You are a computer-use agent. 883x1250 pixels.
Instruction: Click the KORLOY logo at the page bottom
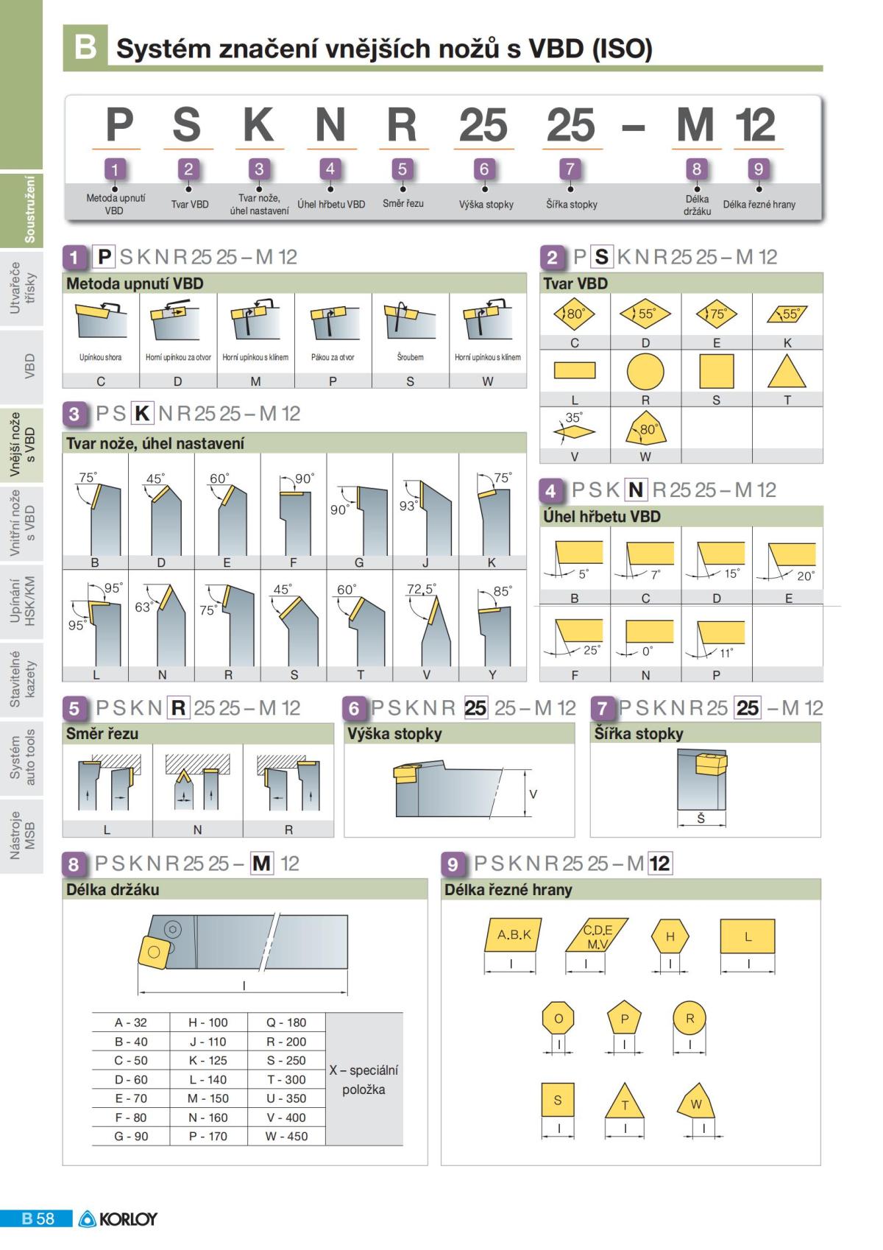click(x=118, y=1219)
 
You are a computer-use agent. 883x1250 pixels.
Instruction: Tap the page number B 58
click(x=38, y=1219)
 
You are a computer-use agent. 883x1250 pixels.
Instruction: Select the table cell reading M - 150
click(x=208, y=1098)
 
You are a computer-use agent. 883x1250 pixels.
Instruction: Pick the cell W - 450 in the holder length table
click(x=286, y=1136)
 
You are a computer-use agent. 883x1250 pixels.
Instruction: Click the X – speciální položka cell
click(x=364, y=1079)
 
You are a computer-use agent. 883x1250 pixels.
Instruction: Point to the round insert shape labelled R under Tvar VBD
click(x=645, y=372)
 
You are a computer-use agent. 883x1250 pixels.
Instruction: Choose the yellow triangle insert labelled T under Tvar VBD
click(x=787, y=372)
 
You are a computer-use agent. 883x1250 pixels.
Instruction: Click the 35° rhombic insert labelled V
click(x=574, y=431)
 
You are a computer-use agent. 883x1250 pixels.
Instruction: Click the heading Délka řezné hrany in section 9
click(x=508, y=889)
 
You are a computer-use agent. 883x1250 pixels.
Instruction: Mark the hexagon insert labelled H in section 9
click(x=670, y=936)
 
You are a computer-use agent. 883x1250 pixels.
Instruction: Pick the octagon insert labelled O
click(x=558, y=1018)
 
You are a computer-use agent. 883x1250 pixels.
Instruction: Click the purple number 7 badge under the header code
click(x=570, y=169)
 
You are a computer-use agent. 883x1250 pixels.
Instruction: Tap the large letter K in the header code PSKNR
click(x=259, y=124)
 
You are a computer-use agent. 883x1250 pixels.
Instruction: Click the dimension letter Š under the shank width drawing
click(x=701, y=818)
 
